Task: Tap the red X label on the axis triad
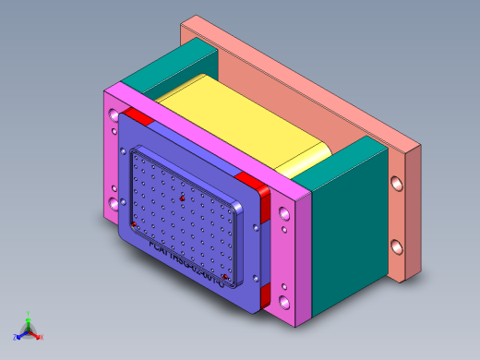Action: [x=42, y=337]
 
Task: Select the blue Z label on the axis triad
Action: [x=17, y=337]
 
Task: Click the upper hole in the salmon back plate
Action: [x=398, y=185]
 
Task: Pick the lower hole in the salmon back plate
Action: [x=398, y=247]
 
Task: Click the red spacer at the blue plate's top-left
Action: [x=138, y=116]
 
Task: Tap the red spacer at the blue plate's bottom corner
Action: [x=265, y=296]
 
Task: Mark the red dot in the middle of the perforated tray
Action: [x=183, y=198]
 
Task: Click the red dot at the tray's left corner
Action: [x=135, y=224]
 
